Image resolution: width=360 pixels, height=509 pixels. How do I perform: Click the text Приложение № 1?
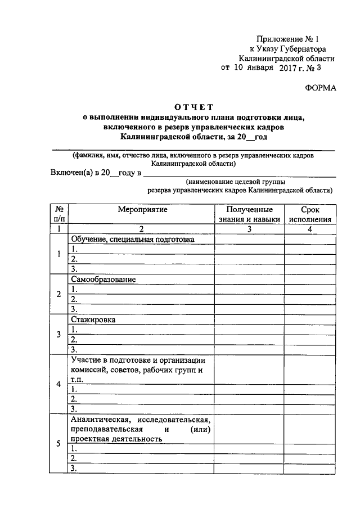(x=287, y=39)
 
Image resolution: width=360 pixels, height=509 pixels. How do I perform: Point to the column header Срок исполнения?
(x=309, y=214)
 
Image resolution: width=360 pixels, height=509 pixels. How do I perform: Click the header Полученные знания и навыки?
(x=249, y=214)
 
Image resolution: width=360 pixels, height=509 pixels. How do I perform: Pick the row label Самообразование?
(x=103, y=280)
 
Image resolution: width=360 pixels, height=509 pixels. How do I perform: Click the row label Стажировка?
(x=93, y=319)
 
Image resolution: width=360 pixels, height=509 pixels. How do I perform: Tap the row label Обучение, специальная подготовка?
(x=132, y=239)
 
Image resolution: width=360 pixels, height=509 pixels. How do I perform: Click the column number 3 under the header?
(x=248, y=229)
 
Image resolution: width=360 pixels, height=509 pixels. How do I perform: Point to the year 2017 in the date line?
(x=290, y=69)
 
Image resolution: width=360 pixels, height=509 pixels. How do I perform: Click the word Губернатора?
(x=303, y=49)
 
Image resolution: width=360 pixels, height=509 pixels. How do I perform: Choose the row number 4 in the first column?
(x=58, y=385)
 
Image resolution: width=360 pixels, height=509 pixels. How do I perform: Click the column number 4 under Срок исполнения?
(x=309, y=229)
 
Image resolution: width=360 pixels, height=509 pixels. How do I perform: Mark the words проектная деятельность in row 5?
(x=112, y=439)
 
